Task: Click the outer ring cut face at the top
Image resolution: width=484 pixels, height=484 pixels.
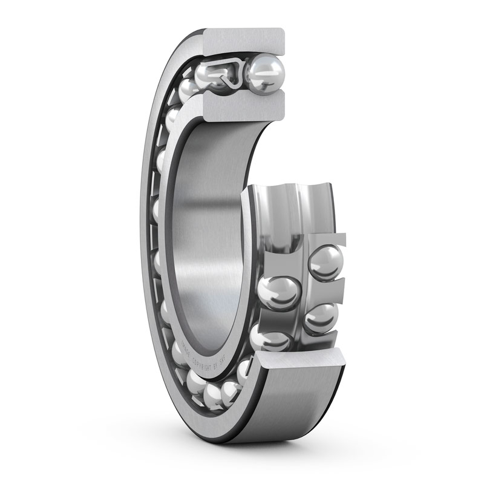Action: click(x=245, y=42)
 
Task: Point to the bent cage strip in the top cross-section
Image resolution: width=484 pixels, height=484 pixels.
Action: click(x=227, y=73)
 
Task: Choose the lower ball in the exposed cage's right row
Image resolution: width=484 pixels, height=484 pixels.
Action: click(x=321, y=318)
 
